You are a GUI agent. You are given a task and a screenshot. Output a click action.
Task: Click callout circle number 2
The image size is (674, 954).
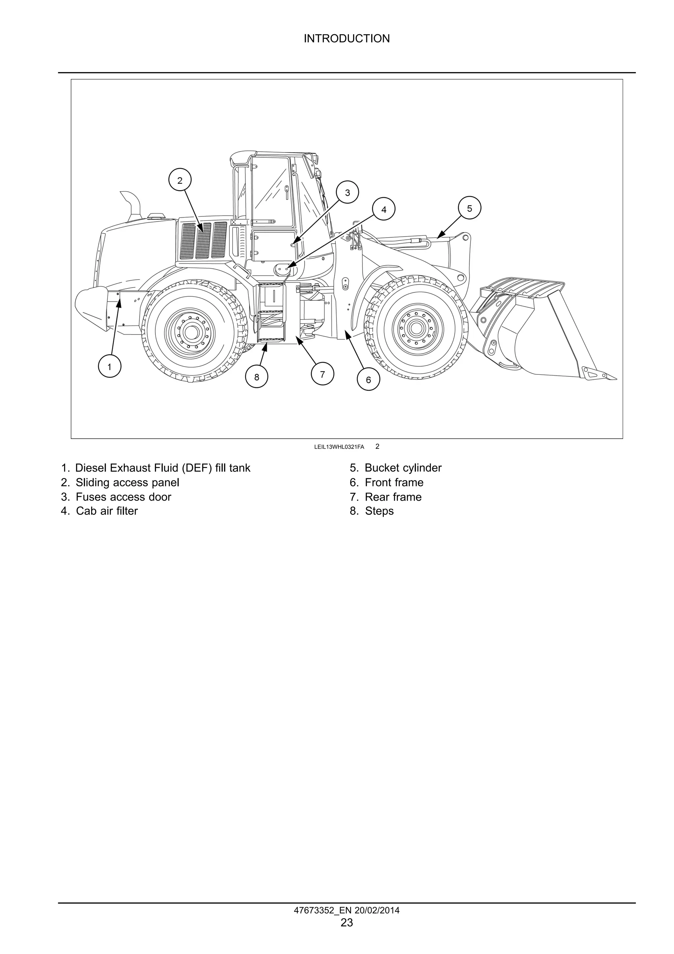pyautogui.click(x=180, y=180)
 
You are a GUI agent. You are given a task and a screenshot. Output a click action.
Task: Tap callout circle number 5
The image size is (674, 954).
pyautogui.click(x=469, y=208)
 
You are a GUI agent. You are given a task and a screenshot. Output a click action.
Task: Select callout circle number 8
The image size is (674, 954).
pyautogui.click(x=256, y=377)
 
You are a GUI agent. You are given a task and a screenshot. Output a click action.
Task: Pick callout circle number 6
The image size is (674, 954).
pyautogui.click(x=368, y=379)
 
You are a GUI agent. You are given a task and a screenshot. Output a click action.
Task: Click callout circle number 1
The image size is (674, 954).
pyautogui.click(x=109, y=367)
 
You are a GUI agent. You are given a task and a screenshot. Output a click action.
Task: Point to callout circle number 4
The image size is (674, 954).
pyautogui.click(x=383, y=209)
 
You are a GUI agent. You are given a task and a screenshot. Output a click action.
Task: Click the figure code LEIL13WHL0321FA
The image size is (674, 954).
pyautogui.click(x=339, y=447)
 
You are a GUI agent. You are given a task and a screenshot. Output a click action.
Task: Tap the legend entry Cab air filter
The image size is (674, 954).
pyautogui.click(x=106, y=511)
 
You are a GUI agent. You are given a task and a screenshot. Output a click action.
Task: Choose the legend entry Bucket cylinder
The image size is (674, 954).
pyautogui.click(x=402, y=468)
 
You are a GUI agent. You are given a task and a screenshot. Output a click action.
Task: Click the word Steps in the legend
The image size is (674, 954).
pyautogui.click(x=379, y=511)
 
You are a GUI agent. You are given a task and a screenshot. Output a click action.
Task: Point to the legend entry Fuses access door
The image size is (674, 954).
pyautogui.click(x=123, y=497)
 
